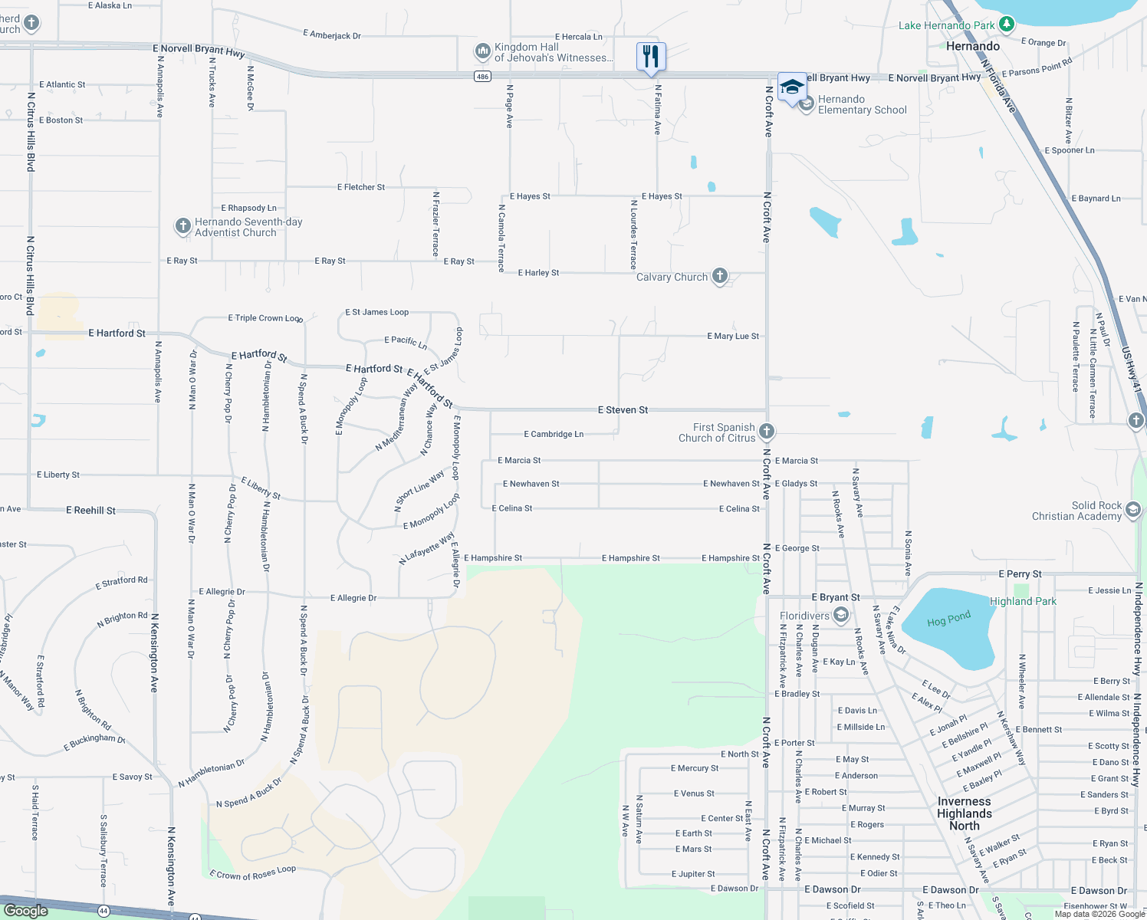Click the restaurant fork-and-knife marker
[x=651, y=57]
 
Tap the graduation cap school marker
[x=792, y=87]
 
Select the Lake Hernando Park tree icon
[x=1007, y=25]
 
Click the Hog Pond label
[x=948, y=619]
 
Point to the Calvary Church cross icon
[x=719, y=276]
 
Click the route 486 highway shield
[x=482, y=76]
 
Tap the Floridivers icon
[x=841, y=615]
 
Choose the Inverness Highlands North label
[x=965, y=813]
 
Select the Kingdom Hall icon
[x=482, y=51]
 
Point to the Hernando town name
[x=972, y=46]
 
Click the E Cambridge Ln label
[x=554, y=434]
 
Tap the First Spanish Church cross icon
[x=766, y=432]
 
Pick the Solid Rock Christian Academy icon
[x=1133, y=509]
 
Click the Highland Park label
[x=1023, y=601]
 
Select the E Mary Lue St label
[x=733, y=336]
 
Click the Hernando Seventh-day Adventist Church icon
[x=182, y=225]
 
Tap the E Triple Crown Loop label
[x=265, y=317]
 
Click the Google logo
[x=25, y=910]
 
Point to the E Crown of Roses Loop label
[x=252, y=872]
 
